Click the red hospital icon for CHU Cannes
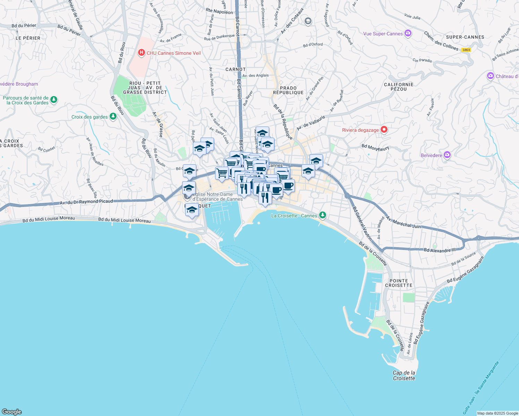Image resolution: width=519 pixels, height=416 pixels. pos(141,53)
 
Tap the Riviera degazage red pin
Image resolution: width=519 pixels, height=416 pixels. pos(384,130)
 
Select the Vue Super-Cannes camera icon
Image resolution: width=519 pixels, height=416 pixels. pos(408,34)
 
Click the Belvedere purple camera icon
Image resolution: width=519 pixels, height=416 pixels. pos(447,155)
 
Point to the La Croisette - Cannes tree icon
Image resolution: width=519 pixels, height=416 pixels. pos(323,215)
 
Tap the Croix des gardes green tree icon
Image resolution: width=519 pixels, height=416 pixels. pos(113,116)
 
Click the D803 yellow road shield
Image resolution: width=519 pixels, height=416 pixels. pos(466,50)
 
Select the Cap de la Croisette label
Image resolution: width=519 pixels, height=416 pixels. pos(404,375)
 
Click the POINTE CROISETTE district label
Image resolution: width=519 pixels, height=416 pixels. pos(399,283)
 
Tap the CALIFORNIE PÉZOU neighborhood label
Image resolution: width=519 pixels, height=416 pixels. pos(399,87)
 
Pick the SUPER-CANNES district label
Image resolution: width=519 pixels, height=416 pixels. pos(465,37)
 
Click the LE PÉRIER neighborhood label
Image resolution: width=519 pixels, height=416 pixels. pos(28,38)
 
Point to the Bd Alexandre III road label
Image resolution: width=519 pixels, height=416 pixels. pos(440,250)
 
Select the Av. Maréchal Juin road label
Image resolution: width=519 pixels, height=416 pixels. pos(403,223)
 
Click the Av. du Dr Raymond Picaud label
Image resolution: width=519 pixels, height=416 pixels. pos(86,202)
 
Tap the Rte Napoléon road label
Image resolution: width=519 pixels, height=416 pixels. pos(219,11)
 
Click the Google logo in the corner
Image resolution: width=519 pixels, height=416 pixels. pos(12,412)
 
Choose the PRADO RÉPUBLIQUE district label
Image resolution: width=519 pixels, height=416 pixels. pos(288,90)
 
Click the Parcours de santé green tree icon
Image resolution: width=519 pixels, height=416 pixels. pos(53,100)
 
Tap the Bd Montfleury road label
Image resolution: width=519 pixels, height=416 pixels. pos(375,147)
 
